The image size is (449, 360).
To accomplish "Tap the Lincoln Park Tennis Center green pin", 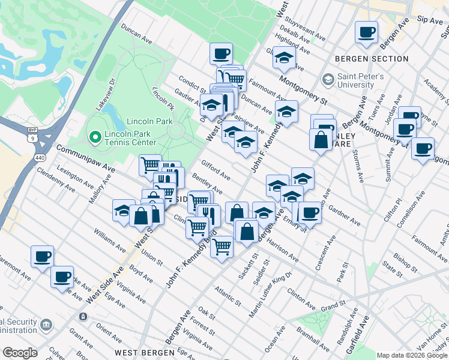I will click(94, 137).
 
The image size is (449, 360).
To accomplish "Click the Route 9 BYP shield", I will click(35, 135).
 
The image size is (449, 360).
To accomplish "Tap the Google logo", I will click(20, 353).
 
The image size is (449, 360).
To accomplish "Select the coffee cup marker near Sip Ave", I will click(366, 32).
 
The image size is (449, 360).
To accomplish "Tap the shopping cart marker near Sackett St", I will click(222, 246).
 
